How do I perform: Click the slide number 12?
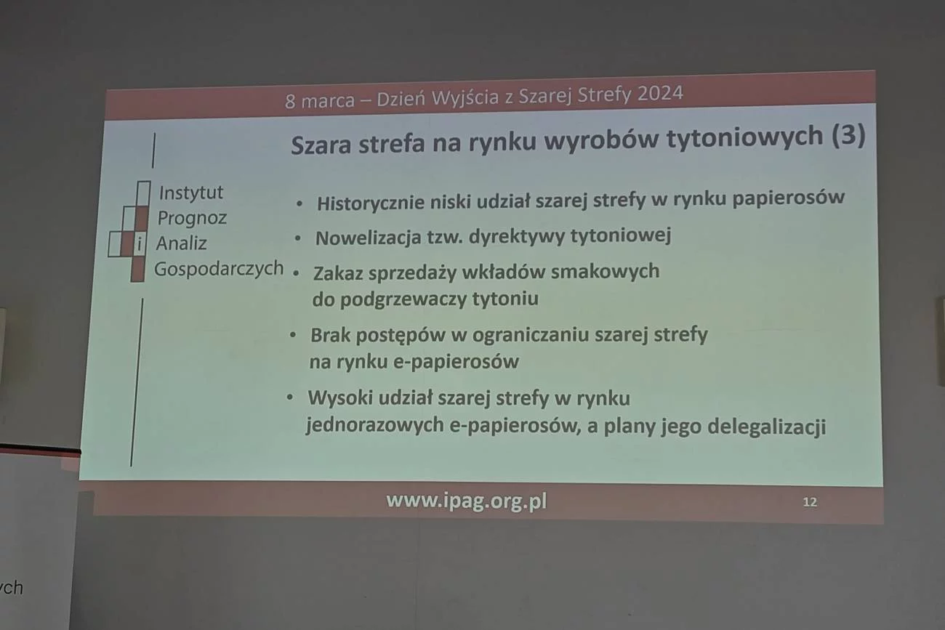(810, 502)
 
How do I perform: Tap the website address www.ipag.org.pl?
(466, 501)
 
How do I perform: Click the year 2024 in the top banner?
(660, 93)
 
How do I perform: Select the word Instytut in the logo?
(190, 193)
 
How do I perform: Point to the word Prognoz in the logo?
(192, 218)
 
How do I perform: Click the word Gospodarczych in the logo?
(219, 269)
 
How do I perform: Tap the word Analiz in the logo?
(182, 243)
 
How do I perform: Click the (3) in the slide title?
(848, 136)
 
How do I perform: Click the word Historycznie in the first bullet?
(371, 203)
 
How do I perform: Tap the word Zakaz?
(337, 273)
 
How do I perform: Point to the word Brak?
(330, 336)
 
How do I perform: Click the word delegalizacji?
(767, 427)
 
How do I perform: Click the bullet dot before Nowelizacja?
(298, 238)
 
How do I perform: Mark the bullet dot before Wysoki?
(290, 397)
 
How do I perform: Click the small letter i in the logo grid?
(140, 243)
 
